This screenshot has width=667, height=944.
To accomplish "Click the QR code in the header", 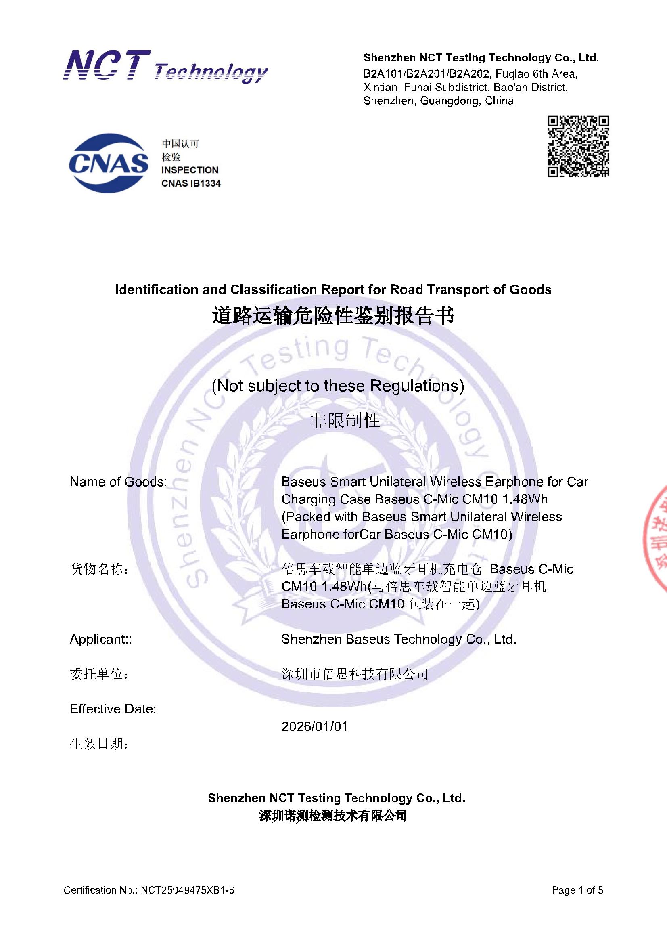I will point(578,147).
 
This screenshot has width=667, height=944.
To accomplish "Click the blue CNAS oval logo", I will point(109,163).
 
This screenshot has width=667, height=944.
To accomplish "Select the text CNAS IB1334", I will point(191,183).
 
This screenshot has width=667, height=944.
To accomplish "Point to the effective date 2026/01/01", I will point(314,726).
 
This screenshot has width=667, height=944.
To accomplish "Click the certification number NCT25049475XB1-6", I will point(187,890).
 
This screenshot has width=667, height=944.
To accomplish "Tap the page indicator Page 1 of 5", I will point(577,890).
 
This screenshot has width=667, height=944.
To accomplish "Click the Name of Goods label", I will point(118,481).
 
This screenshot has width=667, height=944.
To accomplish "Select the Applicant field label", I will point(101,639).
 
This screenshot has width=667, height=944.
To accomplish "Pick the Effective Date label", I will point(113,709).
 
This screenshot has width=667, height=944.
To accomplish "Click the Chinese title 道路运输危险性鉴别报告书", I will point(333,317).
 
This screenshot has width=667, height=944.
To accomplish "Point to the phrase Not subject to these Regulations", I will point(337,386).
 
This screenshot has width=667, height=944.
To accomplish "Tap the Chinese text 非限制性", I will point(345,421).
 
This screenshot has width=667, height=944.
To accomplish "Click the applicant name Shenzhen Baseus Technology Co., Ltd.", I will point(399,639).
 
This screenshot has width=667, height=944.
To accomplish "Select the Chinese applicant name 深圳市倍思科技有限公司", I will point(355,674).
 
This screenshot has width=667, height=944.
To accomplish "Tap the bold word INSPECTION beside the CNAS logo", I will point(190,170).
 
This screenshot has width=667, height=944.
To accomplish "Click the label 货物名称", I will point(98,569).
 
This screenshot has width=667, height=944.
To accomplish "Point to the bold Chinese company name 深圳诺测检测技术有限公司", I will point(333,816).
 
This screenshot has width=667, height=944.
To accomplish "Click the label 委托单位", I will point(98,674).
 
